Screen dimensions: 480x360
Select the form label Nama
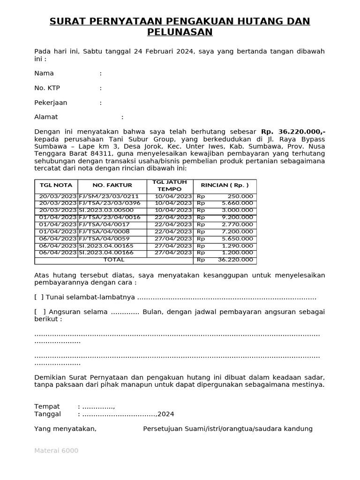pos(44,73)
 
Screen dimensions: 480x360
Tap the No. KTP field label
pos(47,88)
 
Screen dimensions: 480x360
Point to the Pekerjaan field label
pos(51,103)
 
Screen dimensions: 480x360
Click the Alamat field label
pos(46,117)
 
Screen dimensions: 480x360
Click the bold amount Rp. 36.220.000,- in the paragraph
pos(293,132)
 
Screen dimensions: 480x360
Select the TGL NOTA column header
pos(56,186)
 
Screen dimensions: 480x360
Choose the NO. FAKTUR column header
pos(112,186)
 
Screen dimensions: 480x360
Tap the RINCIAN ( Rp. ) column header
pos(225,186)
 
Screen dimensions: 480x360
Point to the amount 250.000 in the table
pos(240,196)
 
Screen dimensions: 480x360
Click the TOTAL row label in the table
pos(114,260)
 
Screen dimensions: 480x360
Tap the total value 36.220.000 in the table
pos(236,260)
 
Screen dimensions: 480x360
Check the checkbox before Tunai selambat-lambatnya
pos(39,297)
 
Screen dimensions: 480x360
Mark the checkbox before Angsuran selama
pos(40,312)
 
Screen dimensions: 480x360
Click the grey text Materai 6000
pos(56,450)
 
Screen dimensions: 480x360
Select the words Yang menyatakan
pos(65,428)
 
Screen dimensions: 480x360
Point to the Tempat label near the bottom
pos(47,406)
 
